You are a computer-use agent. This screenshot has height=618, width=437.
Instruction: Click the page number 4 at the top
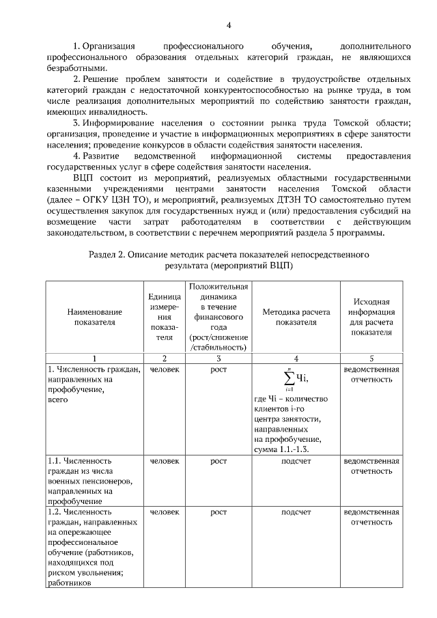click(229, 26)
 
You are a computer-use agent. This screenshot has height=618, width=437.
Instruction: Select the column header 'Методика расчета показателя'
click(296, 317)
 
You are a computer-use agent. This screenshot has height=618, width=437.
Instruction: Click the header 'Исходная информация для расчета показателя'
click(371, 317)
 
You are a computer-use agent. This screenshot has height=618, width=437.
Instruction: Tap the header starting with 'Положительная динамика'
click(218, 317)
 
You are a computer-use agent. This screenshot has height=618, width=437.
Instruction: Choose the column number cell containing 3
click(218, 358)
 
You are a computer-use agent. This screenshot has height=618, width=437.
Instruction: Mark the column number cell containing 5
click(371, 358)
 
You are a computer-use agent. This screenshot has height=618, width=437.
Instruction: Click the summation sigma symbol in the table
click(289, 378)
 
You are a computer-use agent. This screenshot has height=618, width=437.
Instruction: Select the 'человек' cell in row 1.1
click(165, 461)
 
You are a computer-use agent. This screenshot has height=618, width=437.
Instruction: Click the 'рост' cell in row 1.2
click(218, 511)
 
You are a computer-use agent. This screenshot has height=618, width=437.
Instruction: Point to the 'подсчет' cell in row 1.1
click(296, 461)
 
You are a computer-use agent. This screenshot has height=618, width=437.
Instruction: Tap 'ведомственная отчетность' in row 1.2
click(371, 516)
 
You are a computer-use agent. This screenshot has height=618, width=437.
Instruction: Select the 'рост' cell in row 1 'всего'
click(218, 369)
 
